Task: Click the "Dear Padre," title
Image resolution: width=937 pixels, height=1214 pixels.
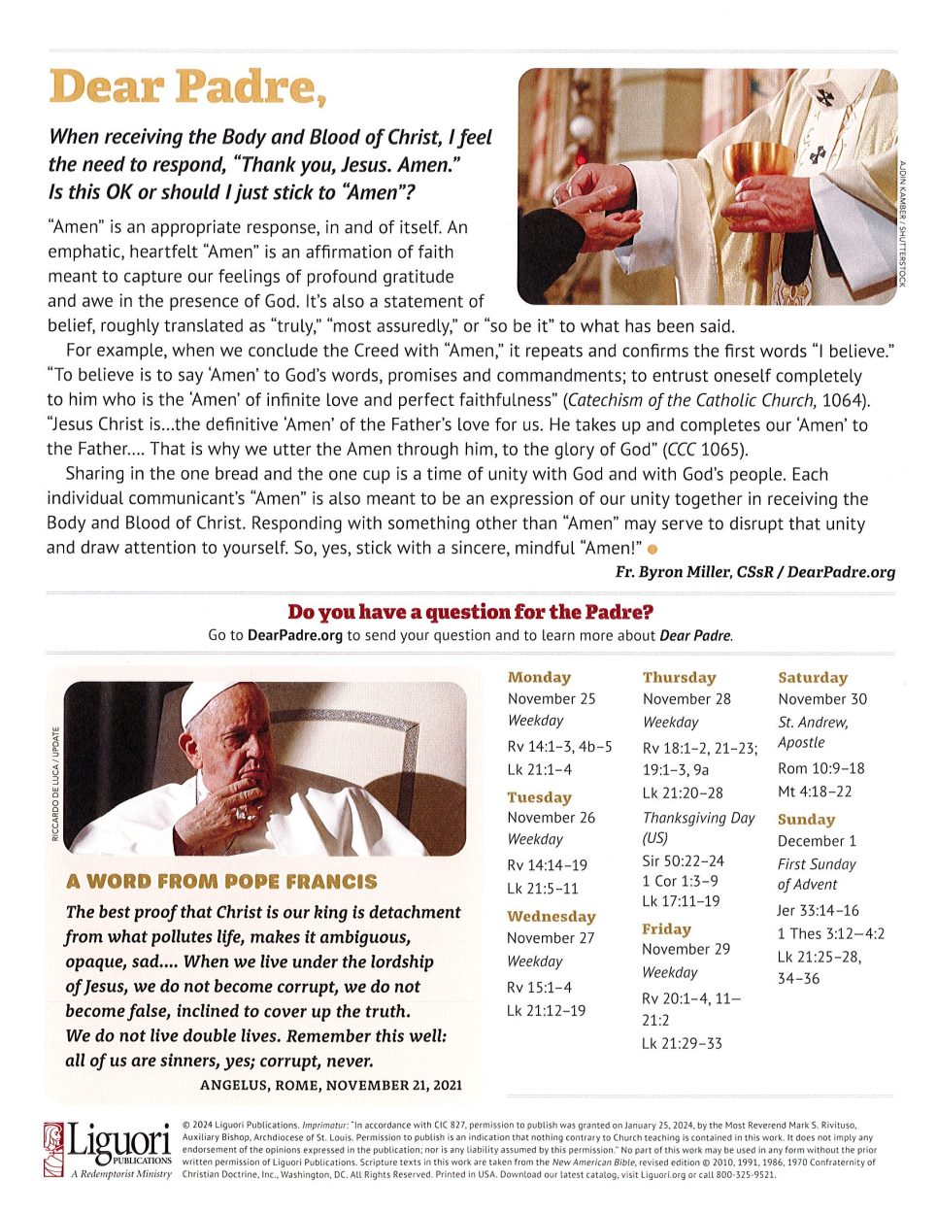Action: pyautogui.click(x=186, y=88)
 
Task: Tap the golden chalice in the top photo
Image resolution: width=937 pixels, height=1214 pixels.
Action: pyautogui.click(x=758, y=165)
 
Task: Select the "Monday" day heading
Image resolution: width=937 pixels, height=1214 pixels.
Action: pyautogui.click(x=539, y=677)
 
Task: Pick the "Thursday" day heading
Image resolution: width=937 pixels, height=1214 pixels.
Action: pyautogui.click(x=679, y=677)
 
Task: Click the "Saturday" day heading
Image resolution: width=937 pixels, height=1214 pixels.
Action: pyautogui.click(x=813, y=677)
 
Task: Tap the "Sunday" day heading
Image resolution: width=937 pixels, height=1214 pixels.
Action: pyautogui.click(x=806, y=819)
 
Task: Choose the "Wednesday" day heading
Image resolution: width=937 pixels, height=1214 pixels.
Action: pyautogui.click(x=551, y=916)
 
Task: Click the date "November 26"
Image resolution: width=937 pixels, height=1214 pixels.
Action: pyautogui.click(x=551, y=818)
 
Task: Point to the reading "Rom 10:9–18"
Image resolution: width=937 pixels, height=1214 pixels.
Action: pyautogui.click(x=820, y=768)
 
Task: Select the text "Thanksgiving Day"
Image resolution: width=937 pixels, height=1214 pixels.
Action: pyautogui.click(x=698, y=818)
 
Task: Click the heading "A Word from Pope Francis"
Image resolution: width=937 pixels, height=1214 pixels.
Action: pyautogui.click(x=221, y=882)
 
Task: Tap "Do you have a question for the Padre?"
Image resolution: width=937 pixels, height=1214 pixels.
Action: pyautogui.click(x=470, y=612)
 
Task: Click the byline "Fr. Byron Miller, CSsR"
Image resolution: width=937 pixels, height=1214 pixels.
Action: pyautogui.click(x=693, y=572)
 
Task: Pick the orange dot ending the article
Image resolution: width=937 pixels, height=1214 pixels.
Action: pyautogui.click(x=665, y=551)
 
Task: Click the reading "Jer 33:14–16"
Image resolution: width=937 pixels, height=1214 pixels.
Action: pyautogui.click(x=818, y=910)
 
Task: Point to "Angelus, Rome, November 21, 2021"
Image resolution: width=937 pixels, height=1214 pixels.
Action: pyautogui.click(x=331, y=1085)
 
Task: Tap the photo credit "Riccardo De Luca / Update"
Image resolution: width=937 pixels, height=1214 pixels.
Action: pyautogui.click(x=55, y=785)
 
